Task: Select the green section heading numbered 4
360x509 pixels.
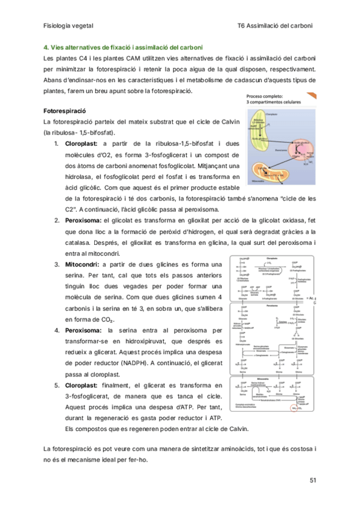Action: [124, 47]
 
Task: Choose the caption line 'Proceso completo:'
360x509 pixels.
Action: [269, 95]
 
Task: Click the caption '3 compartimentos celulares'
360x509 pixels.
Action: [275, 102]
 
